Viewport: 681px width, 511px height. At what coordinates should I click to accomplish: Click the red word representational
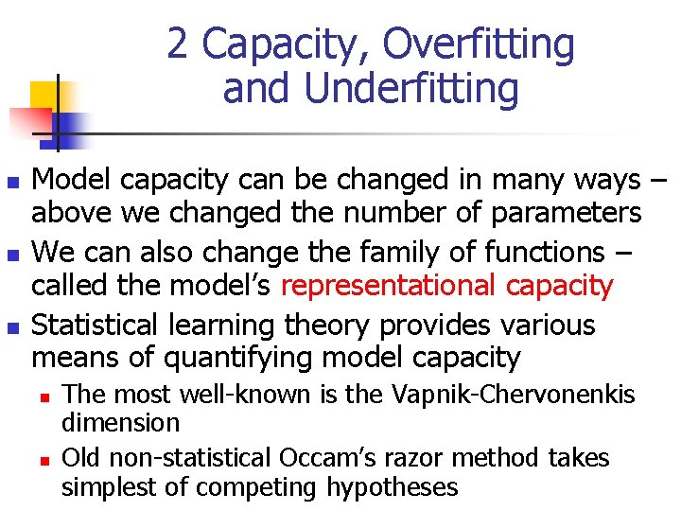click(389, 285)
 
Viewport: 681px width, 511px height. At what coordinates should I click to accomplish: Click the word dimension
click(120, 422)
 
